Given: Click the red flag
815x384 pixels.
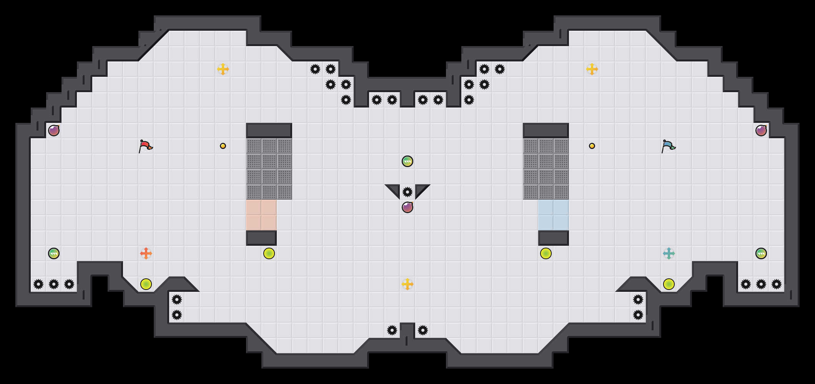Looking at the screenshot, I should [x=145, y=146].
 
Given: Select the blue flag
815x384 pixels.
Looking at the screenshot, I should [x=668, y=146].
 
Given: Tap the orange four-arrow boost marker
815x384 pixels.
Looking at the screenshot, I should [x=146, y=253].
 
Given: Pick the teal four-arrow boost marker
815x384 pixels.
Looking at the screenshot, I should [x=669, y=253].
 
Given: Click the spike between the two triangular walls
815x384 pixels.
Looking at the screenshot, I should [x=407, y=192].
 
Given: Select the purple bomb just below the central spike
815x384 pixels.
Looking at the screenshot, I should [x=407, y=207].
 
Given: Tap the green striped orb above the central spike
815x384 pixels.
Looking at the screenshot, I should [x=407, y=161].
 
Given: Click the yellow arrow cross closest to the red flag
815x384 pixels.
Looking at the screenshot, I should [x=223, y=69].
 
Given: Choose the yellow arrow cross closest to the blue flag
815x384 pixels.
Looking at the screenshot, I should [x=592, y=69].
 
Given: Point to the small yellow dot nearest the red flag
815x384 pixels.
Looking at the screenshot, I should [x=223, y=146].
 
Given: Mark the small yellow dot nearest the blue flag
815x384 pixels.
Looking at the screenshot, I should [x=592, y=146].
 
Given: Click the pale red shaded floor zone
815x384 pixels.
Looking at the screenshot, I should [x=261, y=215].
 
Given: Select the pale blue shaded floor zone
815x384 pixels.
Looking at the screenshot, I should [x=554, y=215].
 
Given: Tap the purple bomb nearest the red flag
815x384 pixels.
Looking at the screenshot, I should [x=54, y=131].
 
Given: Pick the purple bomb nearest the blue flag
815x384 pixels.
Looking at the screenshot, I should [x=761, y=131].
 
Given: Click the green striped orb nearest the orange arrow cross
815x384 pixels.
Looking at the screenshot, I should [x=54, y=253].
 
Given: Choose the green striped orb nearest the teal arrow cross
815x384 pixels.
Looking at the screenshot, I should [x=761, y=253].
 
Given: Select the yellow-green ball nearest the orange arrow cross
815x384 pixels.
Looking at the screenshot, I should [x=146, y=284].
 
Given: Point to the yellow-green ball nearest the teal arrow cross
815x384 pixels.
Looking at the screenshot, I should [x=669, y=284].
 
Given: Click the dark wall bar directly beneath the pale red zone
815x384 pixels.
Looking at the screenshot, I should [x=261, y=238].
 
